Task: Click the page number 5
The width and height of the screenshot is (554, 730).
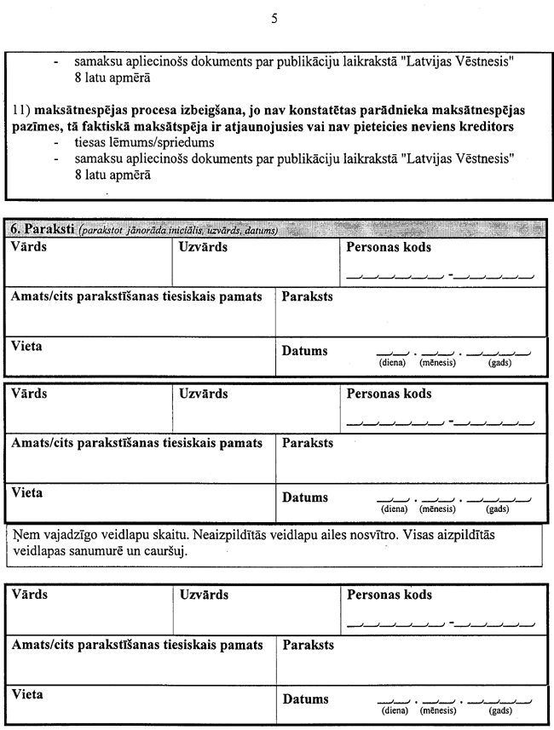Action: [274, 18]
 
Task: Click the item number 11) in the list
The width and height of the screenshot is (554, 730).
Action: [21, 112]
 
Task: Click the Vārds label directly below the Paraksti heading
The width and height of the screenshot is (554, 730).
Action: [29, 248]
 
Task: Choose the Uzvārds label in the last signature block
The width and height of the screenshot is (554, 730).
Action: [204, 595]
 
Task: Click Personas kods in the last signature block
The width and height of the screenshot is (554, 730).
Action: [389, 595]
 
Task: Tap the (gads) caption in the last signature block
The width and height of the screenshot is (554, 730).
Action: [499, 710]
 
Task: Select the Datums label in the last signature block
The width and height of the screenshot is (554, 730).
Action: [305, 699]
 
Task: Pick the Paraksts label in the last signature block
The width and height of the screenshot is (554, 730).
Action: [308, 645]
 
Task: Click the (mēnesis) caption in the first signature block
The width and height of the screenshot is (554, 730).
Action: [438, 363]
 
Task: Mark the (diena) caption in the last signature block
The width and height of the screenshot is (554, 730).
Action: [393, 710]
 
